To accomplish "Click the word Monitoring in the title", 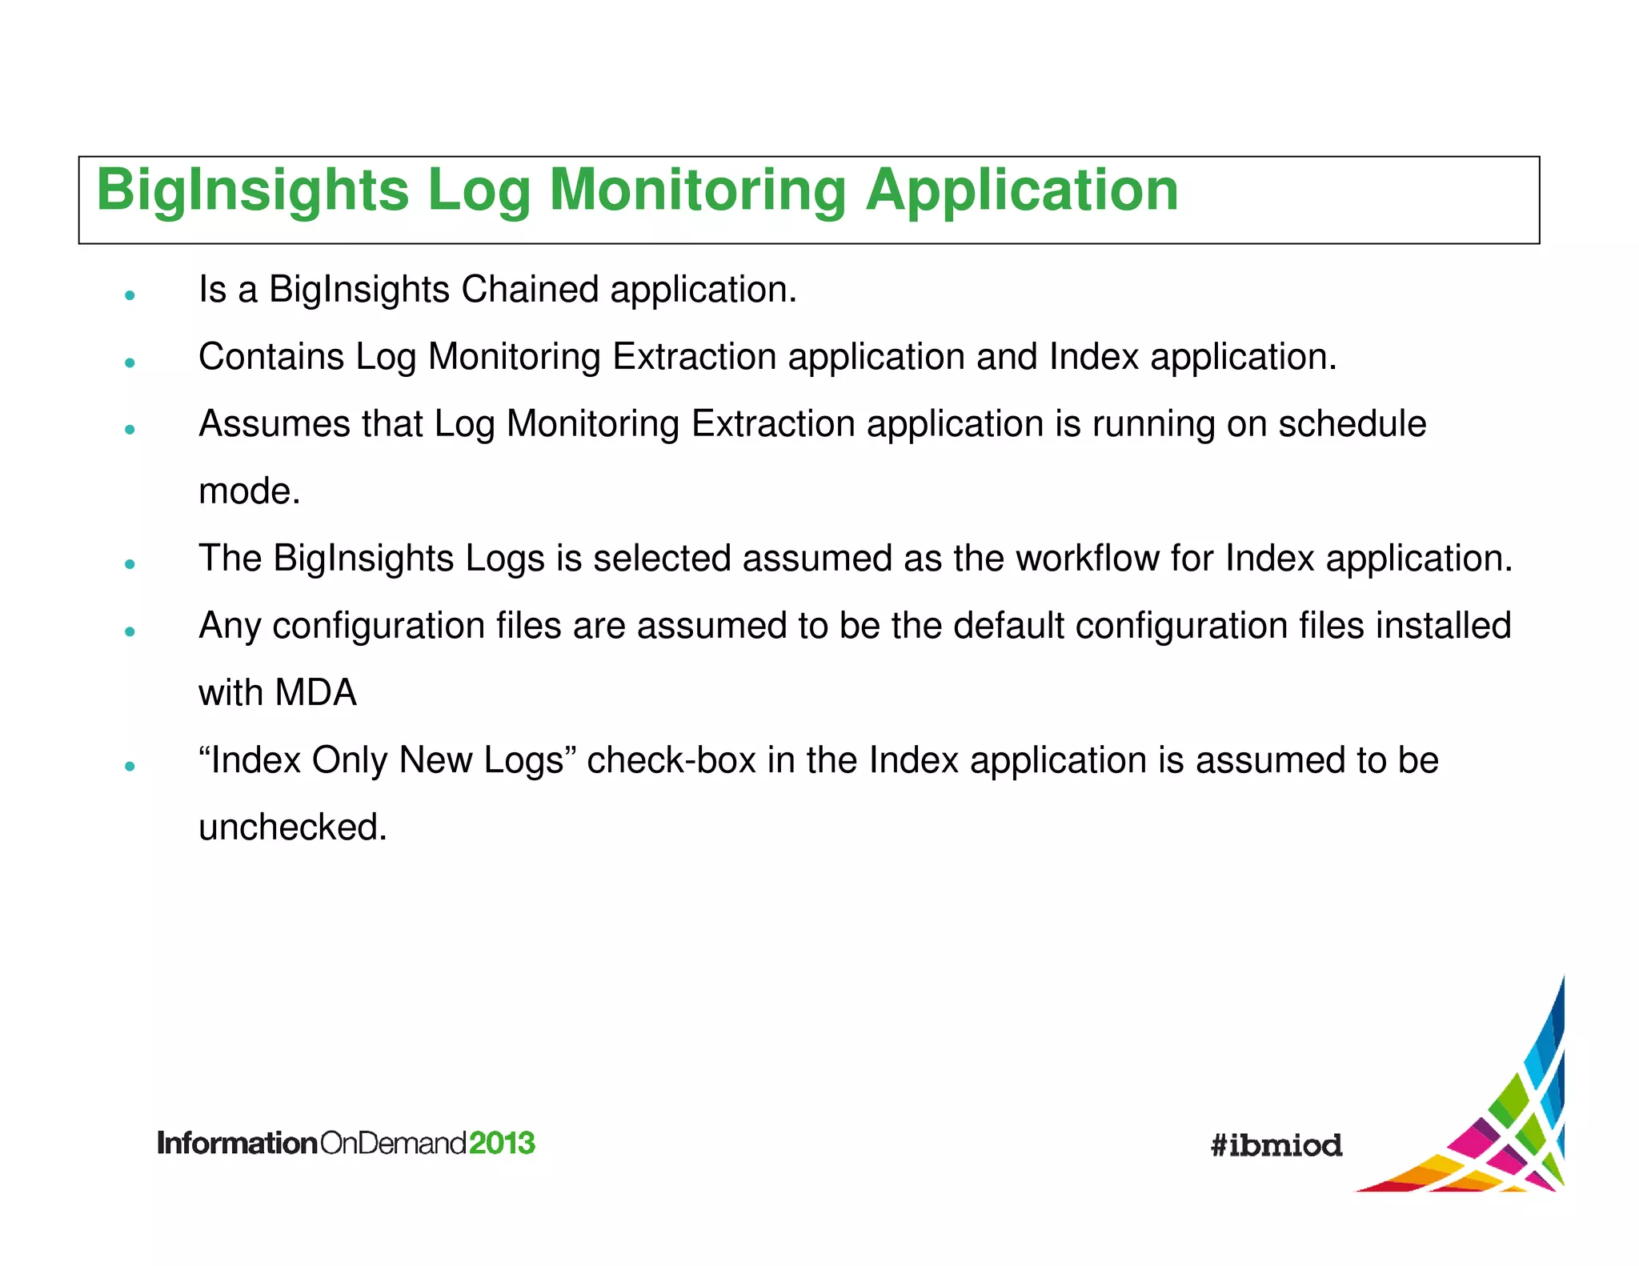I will (x=696, y=192).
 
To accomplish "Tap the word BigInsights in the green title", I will (x=252, y=192).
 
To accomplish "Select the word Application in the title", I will (x=1021, y=192).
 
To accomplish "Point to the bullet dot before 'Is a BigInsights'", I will (x=130, y=295).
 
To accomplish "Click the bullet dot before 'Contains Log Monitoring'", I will (x=130, y=363).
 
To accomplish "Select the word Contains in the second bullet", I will (x=270, y=357).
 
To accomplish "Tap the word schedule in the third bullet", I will (x=1352, y=424).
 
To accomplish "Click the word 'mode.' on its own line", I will (x=249, y=491).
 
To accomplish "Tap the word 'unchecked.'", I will (x=292, y=827).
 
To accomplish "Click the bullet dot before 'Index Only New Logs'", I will (x=130, y=766).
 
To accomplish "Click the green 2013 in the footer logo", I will (x=502, y=1143).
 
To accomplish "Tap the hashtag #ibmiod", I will (x=1276, y=1145).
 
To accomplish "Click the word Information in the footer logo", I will (x=237, y=1143).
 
